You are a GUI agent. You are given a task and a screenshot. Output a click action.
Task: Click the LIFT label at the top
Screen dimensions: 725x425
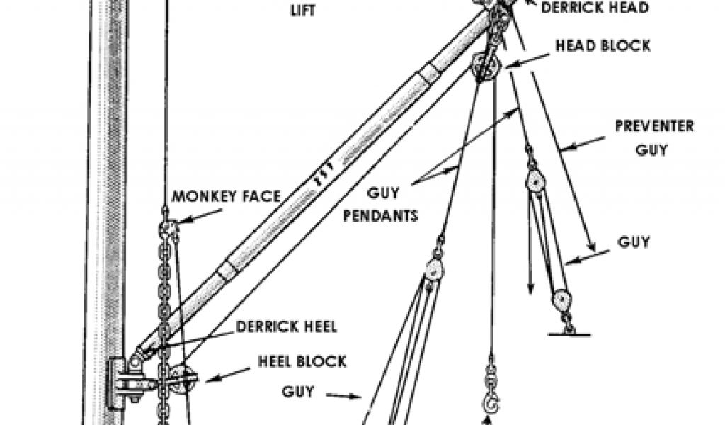[x=303, y=10]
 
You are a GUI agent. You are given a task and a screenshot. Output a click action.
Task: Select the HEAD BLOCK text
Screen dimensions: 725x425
[x=603, y=47]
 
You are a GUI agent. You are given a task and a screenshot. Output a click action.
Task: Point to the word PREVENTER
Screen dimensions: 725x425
[x=654, y=127]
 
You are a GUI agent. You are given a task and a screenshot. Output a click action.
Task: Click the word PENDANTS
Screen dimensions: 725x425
[x=381, y=215]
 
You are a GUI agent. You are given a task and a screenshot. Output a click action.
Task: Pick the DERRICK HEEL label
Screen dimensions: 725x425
[x=287, y=327]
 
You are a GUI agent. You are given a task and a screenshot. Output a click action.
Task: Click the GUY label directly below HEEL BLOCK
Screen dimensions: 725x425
[x=299, y=391]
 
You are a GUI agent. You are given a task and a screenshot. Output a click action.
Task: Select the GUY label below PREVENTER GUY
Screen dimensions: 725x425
[x=634, y=242]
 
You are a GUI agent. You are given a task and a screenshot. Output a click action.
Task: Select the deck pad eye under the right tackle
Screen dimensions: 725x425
[x=568, y=330]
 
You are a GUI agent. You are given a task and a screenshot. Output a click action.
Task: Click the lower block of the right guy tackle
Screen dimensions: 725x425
[x=562, y=300]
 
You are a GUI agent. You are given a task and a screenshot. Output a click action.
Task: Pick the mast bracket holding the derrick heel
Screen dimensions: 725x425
[x=122, y=382]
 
